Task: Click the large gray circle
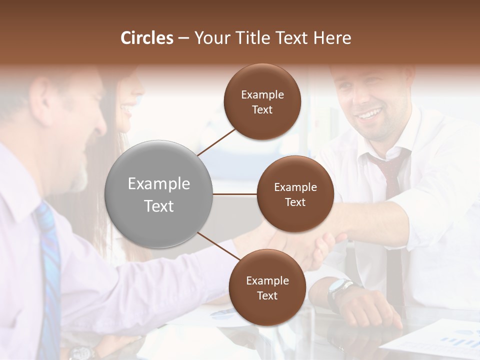click(159, 194)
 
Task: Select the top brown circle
click(262, 102)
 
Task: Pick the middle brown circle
click(295, 194)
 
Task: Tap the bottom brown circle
click(267, 287)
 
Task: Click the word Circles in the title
click(147, 38)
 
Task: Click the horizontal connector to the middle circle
click(234, 194)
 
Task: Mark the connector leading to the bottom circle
click(219, 246)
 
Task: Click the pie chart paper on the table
click(220, 314)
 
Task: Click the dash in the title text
click(183, 38)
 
